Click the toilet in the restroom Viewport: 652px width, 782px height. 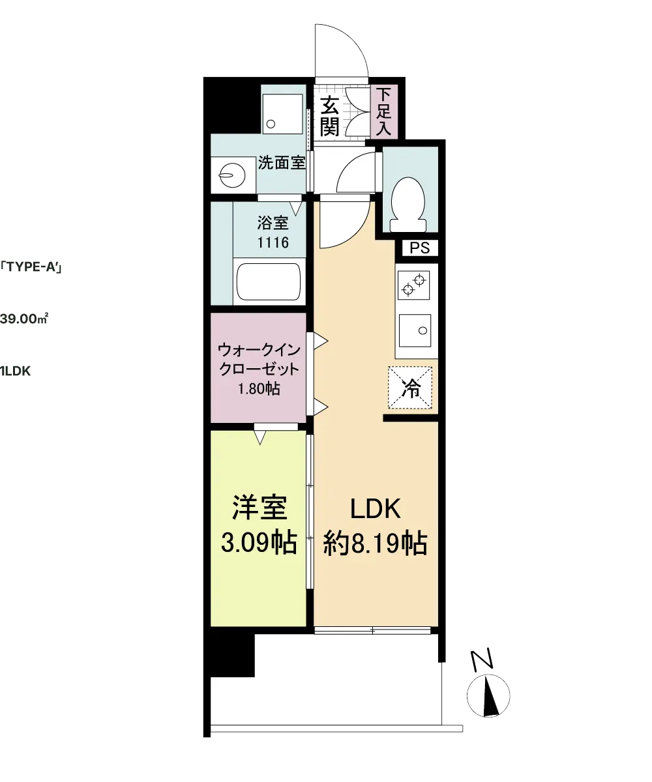pyautogui.click(x=407, y=204)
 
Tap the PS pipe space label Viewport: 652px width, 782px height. pyautogui.click(x=419, y=248)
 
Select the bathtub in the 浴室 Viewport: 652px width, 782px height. pyautogui.click(x=269, y=282)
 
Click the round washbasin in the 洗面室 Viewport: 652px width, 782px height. pyautogui.click(x=232, y=175)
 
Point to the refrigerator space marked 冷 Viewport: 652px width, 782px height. pyautogui.click(x=410, y=387)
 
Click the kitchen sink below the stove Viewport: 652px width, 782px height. pyautogui.click(x=415, y=330)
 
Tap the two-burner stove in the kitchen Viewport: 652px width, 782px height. pyautogui.click(x=413, y=285)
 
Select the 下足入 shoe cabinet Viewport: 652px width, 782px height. pyautogui.click(x=383, y=111)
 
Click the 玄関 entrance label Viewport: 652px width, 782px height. pyautogui.click(x=330, y=116)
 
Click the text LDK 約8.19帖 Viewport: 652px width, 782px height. pyautogui.click(x=375, y=527)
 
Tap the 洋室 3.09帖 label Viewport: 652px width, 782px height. pyautogui.click(x=259, y=525)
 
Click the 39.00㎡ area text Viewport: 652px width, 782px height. pyautogui.click(x=24, y=319)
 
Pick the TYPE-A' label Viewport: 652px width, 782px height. pyautogui.click(x=31, y=267)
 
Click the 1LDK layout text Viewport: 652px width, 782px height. pyautogui.click(x=16, y=371)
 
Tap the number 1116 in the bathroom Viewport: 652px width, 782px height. pyautogui.click(x=273, y=242)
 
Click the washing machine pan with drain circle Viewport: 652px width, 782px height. pyautogui.click(x=282, y=114)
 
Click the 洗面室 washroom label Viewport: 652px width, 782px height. pyautogui.click(x=282, y=163)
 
